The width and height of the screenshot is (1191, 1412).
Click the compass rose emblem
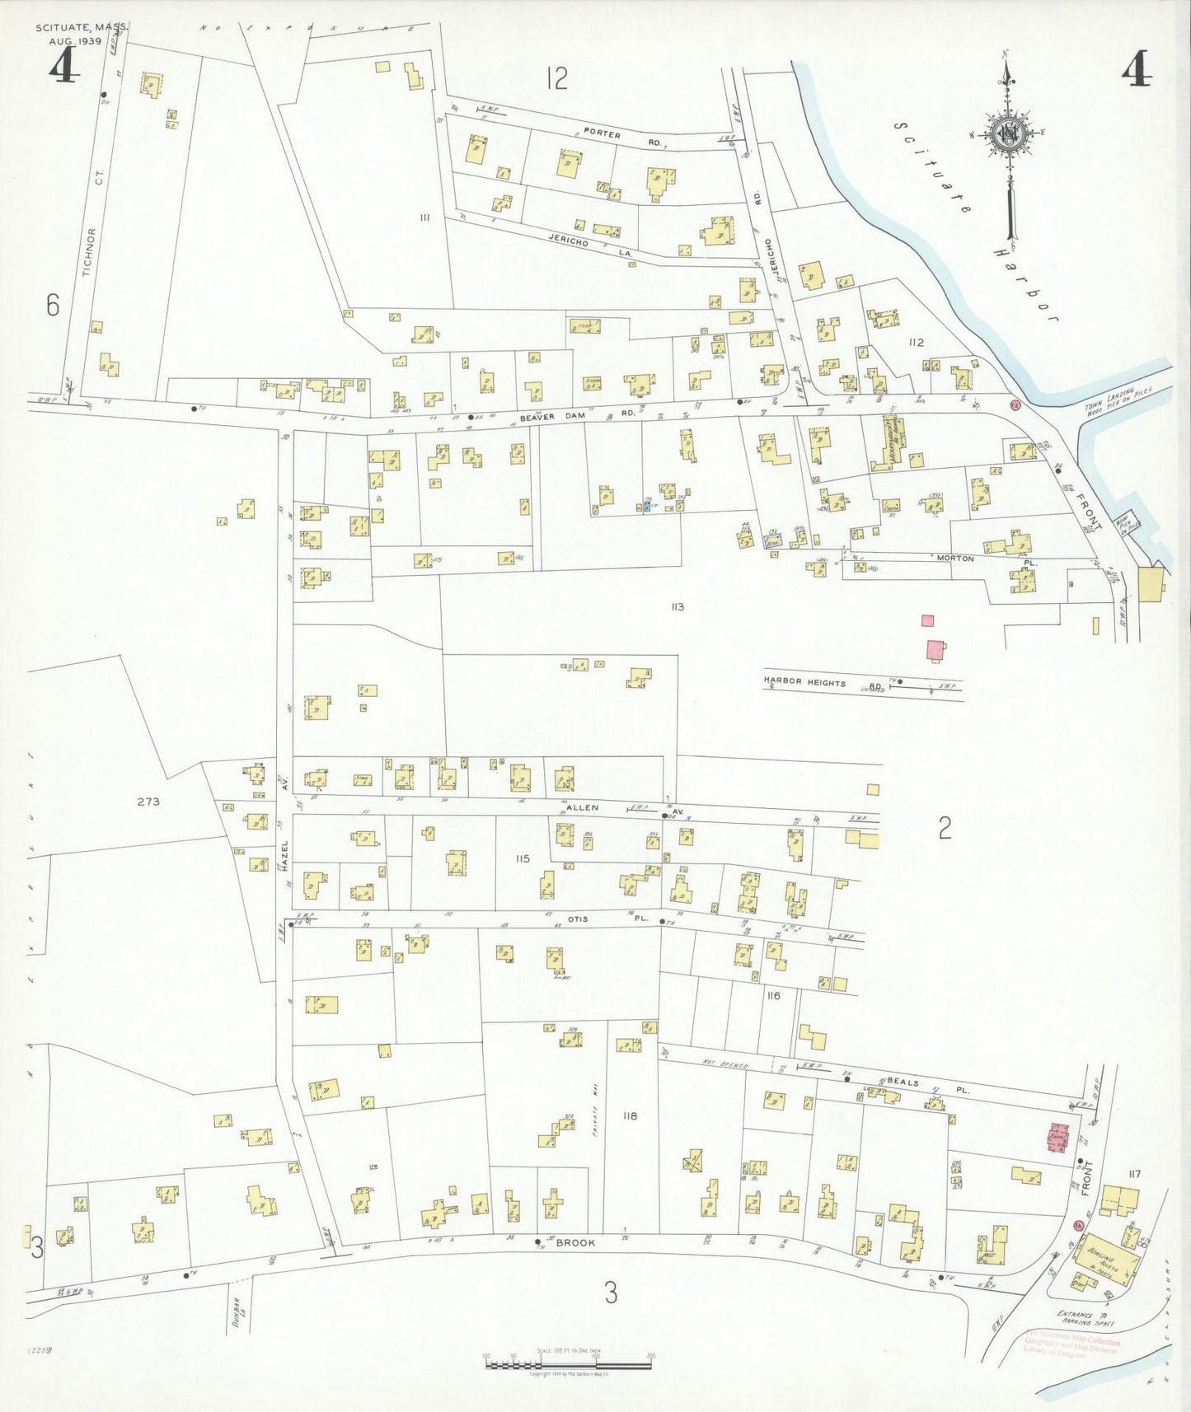(1006, 134)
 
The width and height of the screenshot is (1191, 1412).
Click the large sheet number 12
(557, 78)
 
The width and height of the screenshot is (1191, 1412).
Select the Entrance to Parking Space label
(1086, 1317)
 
